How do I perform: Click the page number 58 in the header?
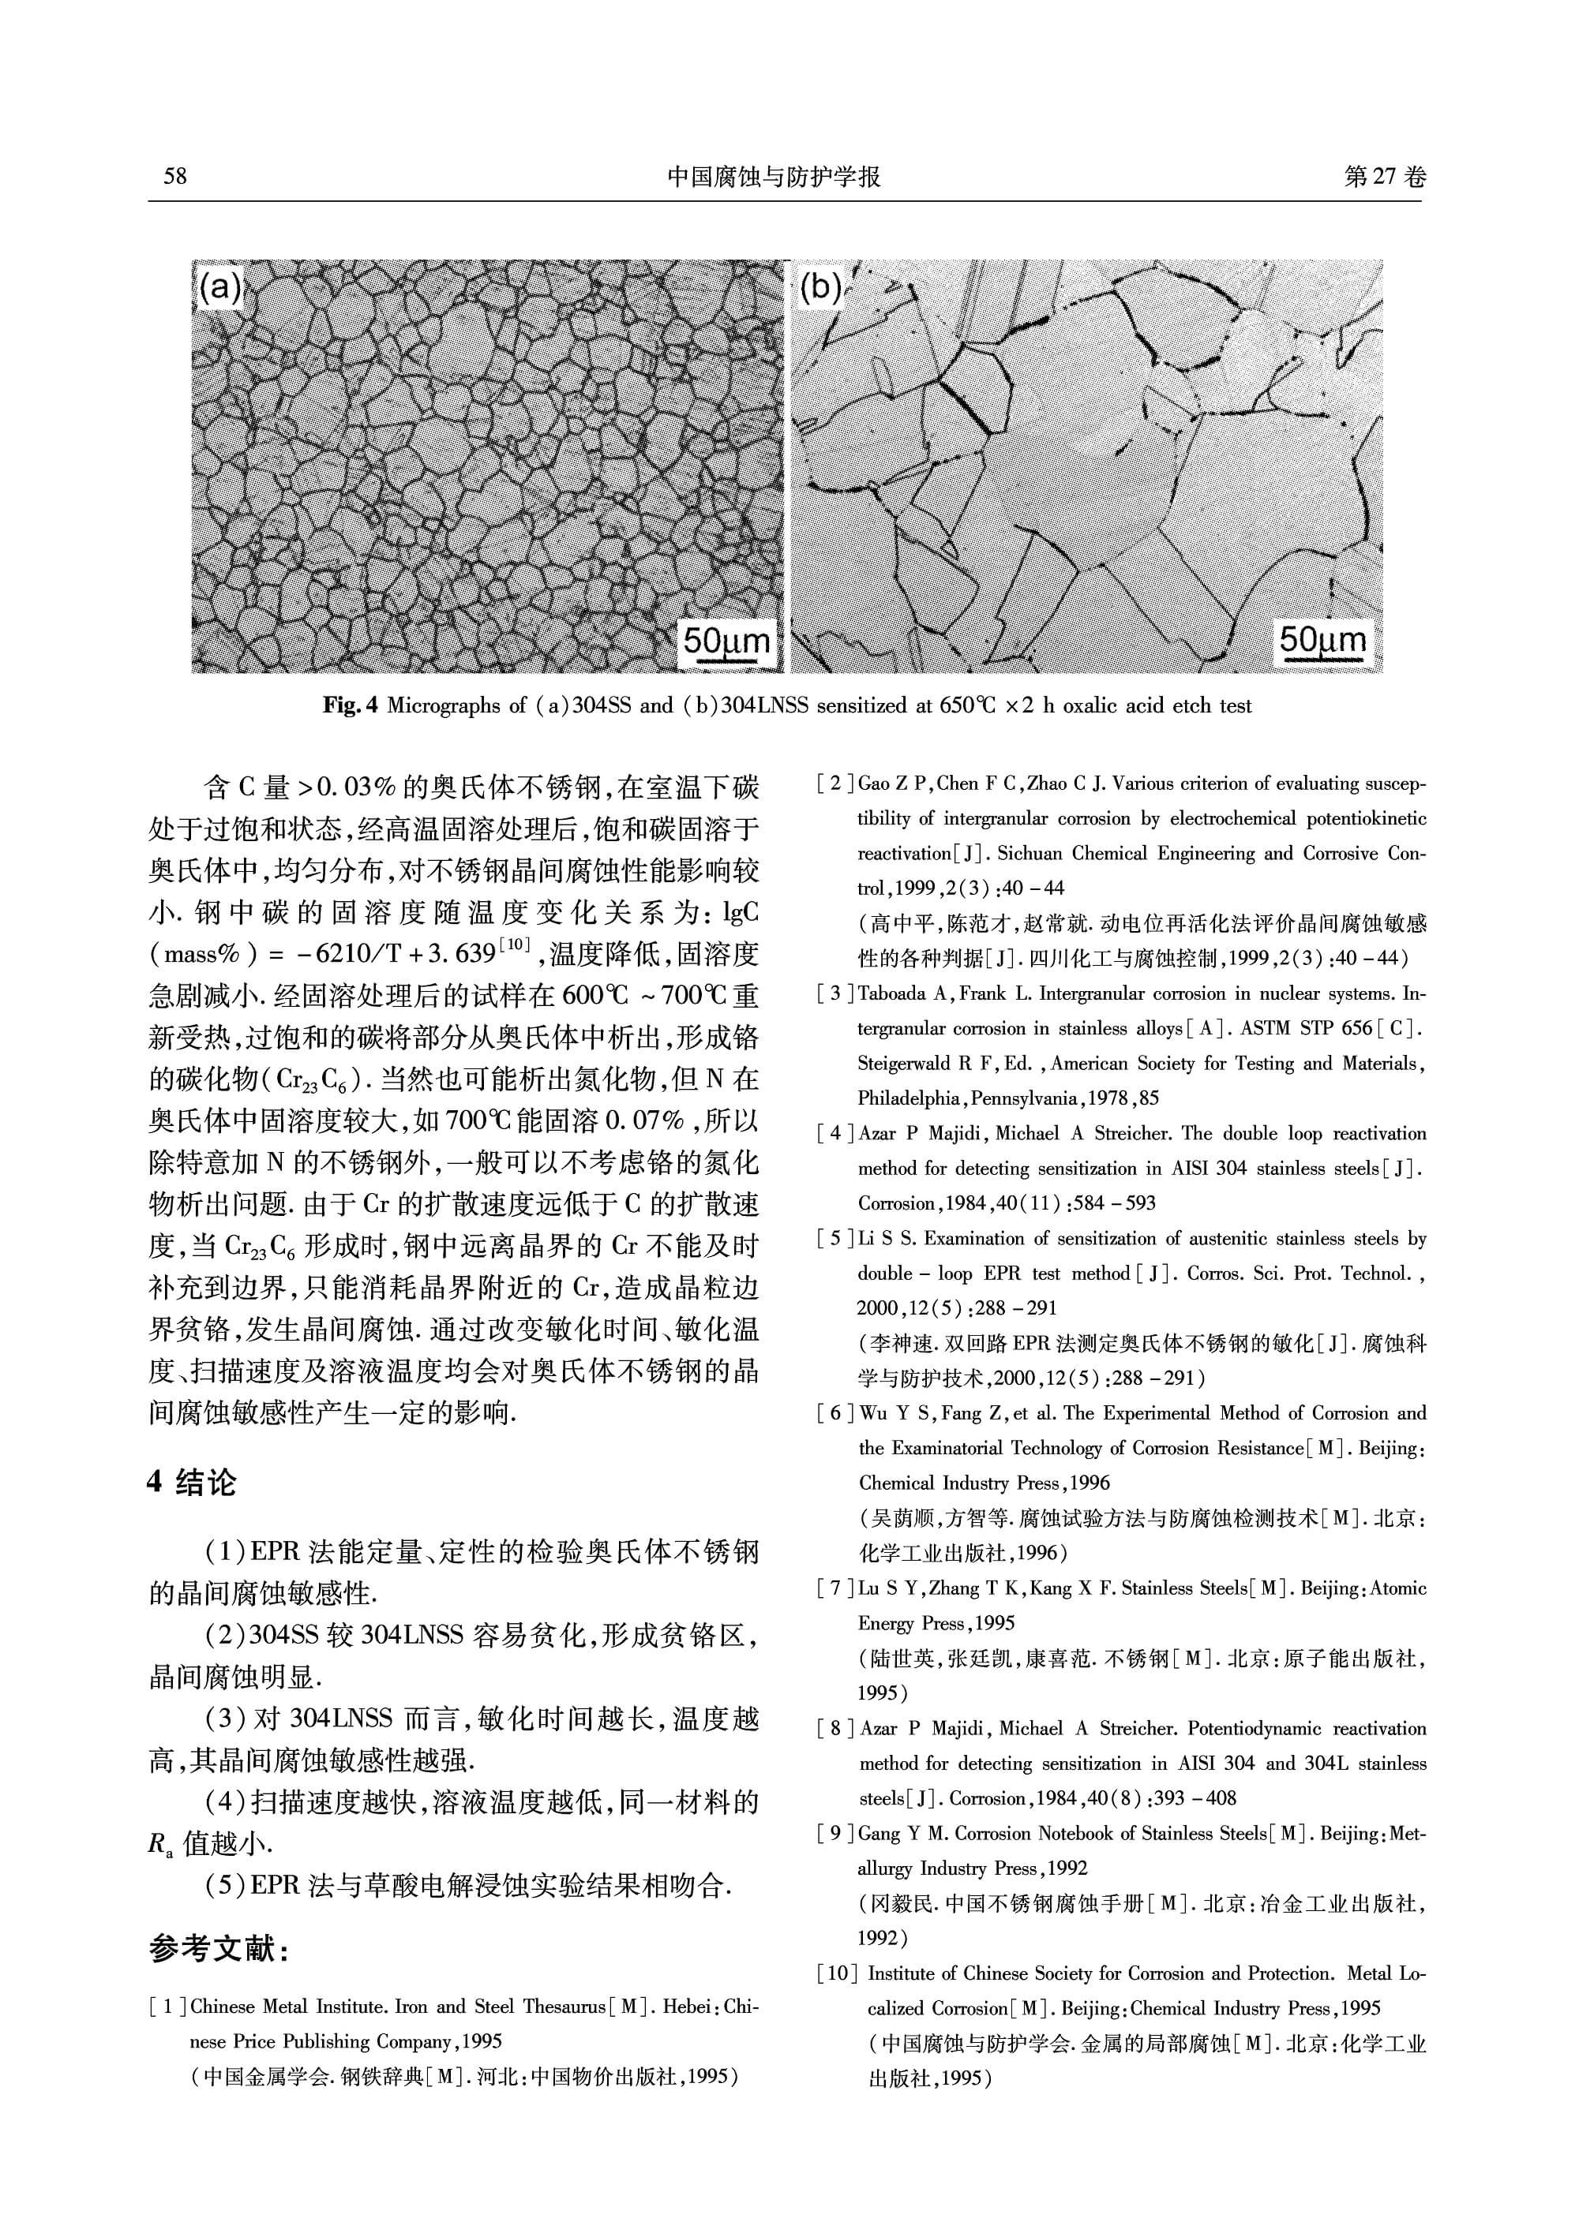point(175,176)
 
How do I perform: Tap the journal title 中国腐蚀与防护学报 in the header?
point(774,176)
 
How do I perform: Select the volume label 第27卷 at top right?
point(1385,176)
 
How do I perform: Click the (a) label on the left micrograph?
point(219,288)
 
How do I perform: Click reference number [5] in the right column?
point(836,1239)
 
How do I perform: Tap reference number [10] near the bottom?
point(838,1973)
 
